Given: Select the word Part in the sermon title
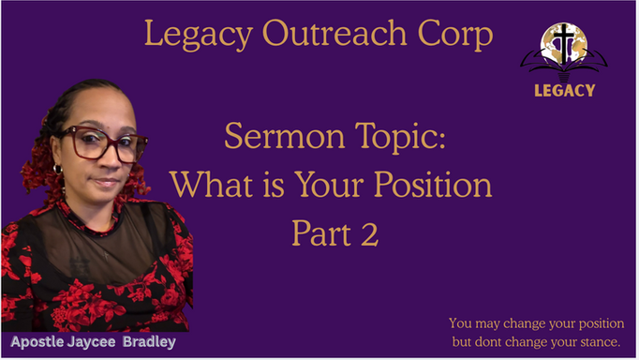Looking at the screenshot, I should tap(319, 232).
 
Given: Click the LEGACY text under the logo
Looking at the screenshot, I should tap(564, 91).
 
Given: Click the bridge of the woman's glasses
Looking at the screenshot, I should tap(107, 142).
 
